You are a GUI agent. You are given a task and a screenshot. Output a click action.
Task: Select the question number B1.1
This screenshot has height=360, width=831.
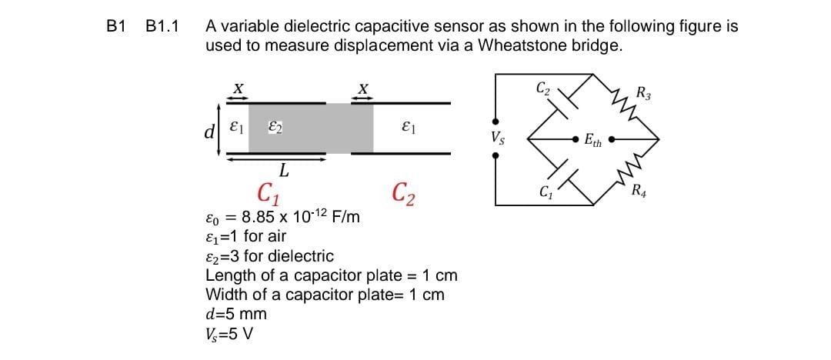(162, 27)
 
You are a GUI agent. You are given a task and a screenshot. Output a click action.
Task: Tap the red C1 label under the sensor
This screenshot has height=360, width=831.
(269, 190)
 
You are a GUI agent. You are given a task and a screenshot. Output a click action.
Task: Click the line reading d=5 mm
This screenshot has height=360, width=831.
(235, 314)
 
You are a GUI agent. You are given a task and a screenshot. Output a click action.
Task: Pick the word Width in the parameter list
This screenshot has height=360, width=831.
(225, 295)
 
